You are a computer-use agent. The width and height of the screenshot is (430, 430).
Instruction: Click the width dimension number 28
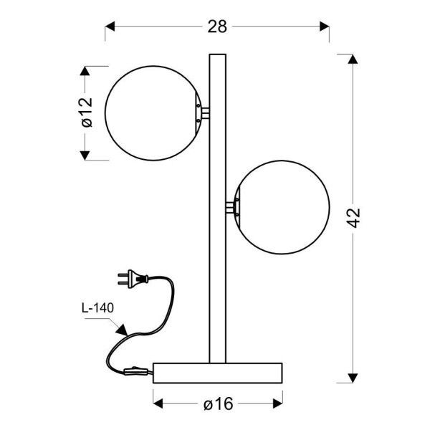coord(217,27)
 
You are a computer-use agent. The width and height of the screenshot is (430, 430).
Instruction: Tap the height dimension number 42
coord(353,218)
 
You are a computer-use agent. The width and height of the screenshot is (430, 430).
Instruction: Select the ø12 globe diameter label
coord(87,113)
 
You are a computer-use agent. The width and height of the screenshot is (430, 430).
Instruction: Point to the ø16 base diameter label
coord(219,403)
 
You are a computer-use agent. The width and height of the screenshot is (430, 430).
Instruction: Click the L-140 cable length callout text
coord(97,308)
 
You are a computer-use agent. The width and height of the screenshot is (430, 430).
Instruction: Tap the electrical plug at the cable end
coord(133,279)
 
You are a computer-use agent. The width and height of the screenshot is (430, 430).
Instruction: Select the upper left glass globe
coord(153,113)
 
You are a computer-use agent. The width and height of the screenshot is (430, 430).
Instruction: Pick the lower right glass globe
coord(282,207)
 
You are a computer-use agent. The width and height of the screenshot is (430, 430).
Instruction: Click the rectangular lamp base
coord(218,373)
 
